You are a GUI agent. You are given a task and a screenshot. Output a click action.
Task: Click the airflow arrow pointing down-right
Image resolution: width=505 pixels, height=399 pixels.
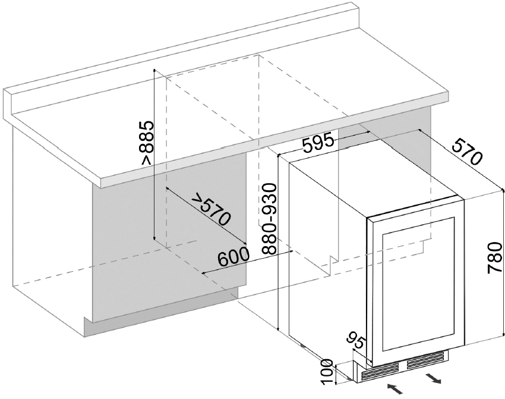(433, 378)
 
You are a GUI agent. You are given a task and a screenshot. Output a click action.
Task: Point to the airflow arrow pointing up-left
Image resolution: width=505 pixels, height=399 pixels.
(394, 388)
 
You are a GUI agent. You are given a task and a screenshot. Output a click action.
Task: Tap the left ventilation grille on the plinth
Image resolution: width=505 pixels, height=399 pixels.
(380, 371)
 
